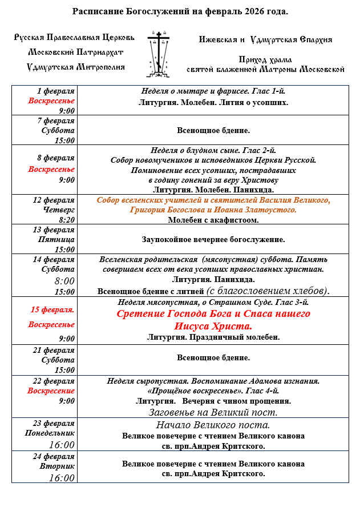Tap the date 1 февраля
[x=55, y=91]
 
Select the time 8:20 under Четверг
[x=66, y=219]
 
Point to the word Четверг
[x=58, y=210]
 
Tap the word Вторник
[x=59, y=466]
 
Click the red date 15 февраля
[x=52, y=310]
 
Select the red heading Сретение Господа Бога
[x=213, y=314]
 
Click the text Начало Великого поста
[x=213, y=425]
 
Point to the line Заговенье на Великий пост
[x=213, y=412]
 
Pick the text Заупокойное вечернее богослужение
[x=213, y=240]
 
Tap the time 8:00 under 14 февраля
[x=64, y=281]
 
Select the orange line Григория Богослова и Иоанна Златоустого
[x=213, y=210]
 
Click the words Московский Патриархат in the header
[x=76, y=52]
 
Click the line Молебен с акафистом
[x=213, y=220]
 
